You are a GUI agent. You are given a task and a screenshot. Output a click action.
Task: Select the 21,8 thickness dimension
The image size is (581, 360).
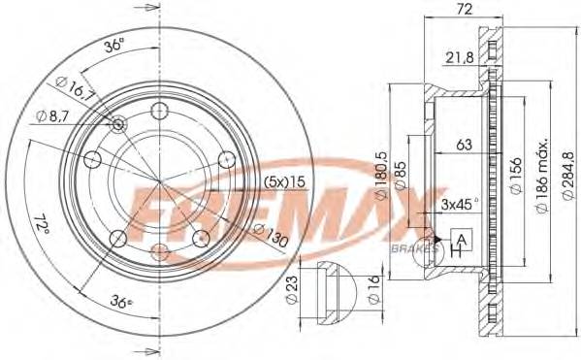click(461, 58)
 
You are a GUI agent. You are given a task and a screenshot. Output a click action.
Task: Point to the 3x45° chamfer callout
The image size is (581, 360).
click(458, 205)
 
